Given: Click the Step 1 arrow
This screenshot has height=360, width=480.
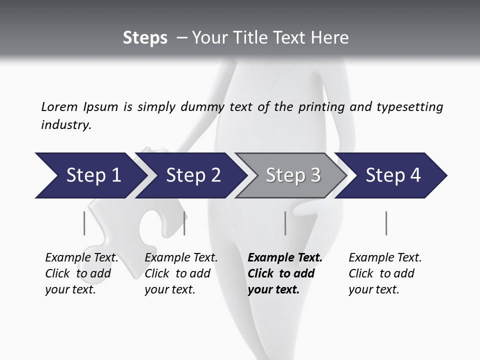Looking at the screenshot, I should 90,175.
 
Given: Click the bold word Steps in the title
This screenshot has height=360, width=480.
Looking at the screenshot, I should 145,38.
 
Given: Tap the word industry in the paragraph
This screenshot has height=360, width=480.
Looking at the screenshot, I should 65,125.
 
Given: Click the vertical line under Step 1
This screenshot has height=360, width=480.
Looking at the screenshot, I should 84,223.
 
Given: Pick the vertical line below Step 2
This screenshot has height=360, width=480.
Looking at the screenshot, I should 184,223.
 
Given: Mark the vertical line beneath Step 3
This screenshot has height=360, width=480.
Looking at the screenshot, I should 285,223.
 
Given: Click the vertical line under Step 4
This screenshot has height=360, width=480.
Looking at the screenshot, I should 386,223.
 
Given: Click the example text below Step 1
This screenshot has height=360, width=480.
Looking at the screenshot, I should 81,273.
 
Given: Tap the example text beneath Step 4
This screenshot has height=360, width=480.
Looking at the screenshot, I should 385,273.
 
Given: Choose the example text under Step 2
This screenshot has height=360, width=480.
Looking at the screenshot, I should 181,273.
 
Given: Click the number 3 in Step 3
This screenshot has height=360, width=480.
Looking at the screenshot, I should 315,175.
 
